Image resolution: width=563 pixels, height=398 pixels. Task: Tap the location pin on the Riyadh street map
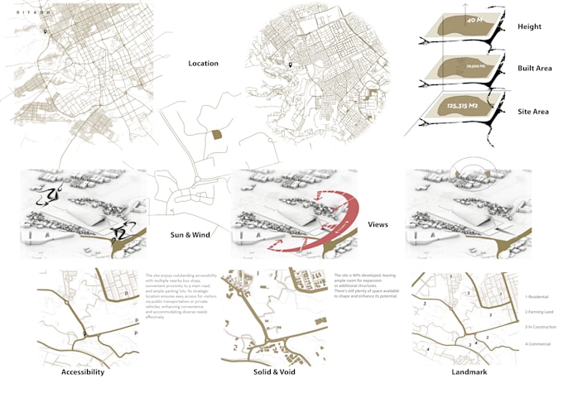coord(46,31)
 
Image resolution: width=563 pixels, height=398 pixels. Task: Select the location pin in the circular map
coord(291,67)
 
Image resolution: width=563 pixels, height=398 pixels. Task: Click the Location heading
coord(203,64)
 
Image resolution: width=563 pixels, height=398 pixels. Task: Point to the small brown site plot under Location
coord(217,134)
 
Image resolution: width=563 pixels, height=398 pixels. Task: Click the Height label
coord(530,26)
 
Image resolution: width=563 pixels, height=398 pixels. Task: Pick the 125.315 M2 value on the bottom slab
coord(464,106)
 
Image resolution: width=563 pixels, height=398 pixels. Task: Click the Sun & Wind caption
coord(189,235)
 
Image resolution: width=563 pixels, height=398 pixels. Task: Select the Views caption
coord(378,224)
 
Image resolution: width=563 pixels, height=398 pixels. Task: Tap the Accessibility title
coord(83,372)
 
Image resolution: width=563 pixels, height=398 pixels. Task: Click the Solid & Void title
coord(273,372)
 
